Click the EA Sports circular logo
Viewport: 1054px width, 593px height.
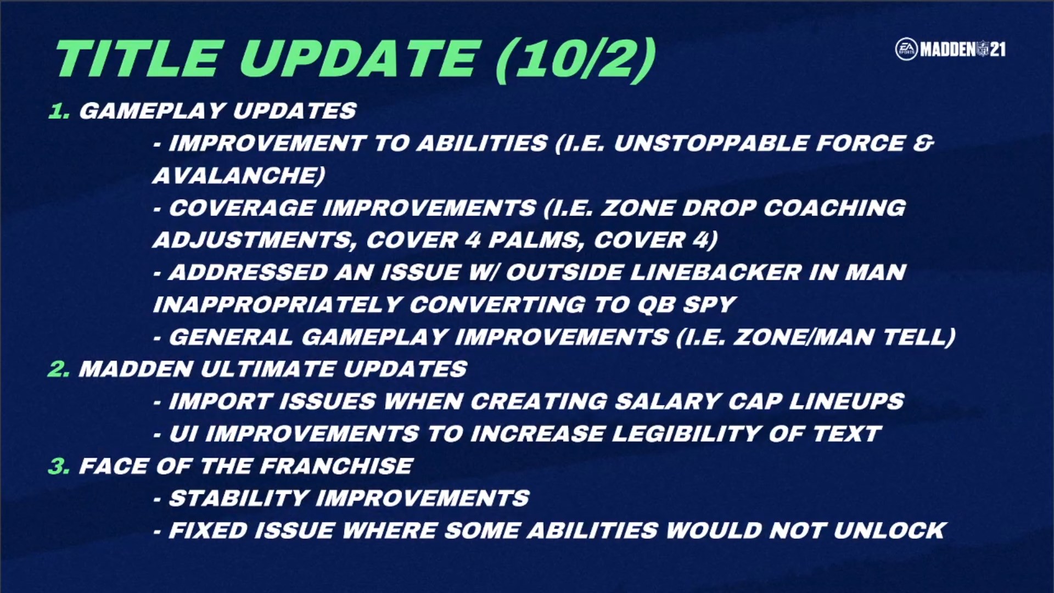pyautogui.click(x=906, y=49)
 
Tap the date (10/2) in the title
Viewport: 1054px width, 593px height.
pyautogui.click(x=576, y=59)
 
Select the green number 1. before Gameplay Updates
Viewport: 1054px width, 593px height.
pyautogui.click(x=59, y=111)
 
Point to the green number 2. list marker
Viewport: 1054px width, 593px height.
pyautogui.click(x=59, y=369)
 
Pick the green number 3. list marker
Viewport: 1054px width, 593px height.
pyautogui.click(x=59, y=466)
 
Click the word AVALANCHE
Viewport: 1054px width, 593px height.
pyautogui.click(x=239, y=176)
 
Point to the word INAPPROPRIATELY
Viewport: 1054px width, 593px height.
pyautogui.click(x=277, y=305)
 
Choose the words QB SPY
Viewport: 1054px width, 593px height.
pyautogui.click(x=686, y=305)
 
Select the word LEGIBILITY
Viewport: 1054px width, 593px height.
pyautogui.click(x=686, y=434)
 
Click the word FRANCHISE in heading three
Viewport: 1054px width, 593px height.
pyautogui.click(x=336, y=466)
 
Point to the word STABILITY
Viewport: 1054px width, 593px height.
pyautogui.click(x=239, y=499)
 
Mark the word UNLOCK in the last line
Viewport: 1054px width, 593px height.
pyautogui.click(x=889, y=531)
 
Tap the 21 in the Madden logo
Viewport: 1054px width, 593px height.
pyautogui.click(x=998, y=50)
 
